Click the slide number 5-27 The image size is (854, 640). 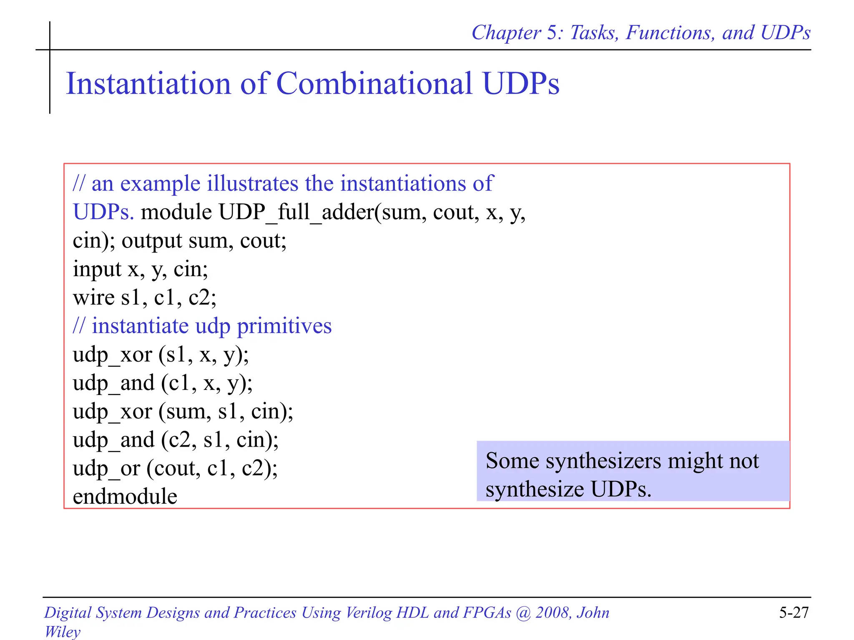(x=794, y=612)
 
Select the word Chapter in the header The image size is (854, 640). (x=506, y=33)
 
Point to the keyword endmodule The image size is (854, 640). (x=125, y=497)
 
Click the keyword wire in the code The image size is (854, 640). (x=93, y=297)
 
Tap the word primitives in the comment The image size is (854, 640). (x=284, y=326)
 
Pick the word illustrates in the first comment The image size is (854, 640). (x=252, y=183)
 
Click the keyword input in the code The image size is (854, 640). (x=97, y=269)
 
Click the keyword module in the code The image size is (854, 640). (x=176, y=212)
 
